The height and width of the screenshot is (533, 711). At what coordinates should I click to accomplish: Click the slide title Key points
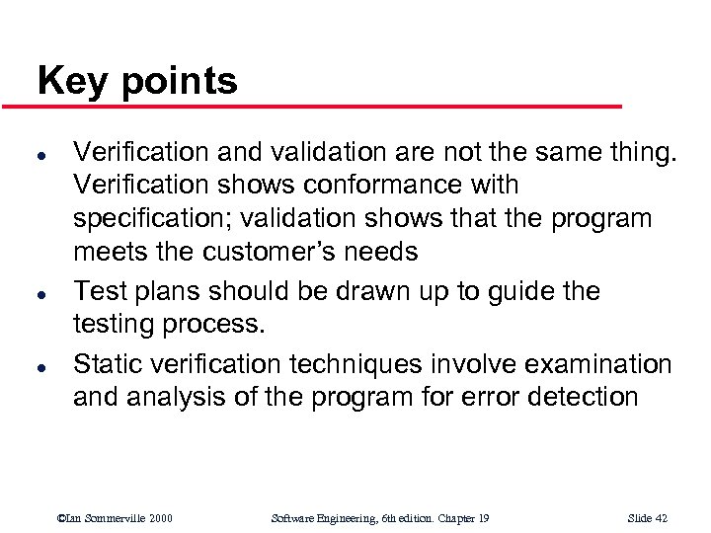pos(137,81)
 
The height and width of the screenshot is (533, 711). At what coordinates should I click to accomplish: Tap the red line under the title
pos(326,106)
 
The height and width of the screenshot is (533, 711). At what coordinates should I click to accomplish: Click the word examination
pos(598,364)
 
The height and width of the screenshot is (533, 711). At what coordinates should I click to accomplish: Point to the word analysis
pos(169,398)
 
